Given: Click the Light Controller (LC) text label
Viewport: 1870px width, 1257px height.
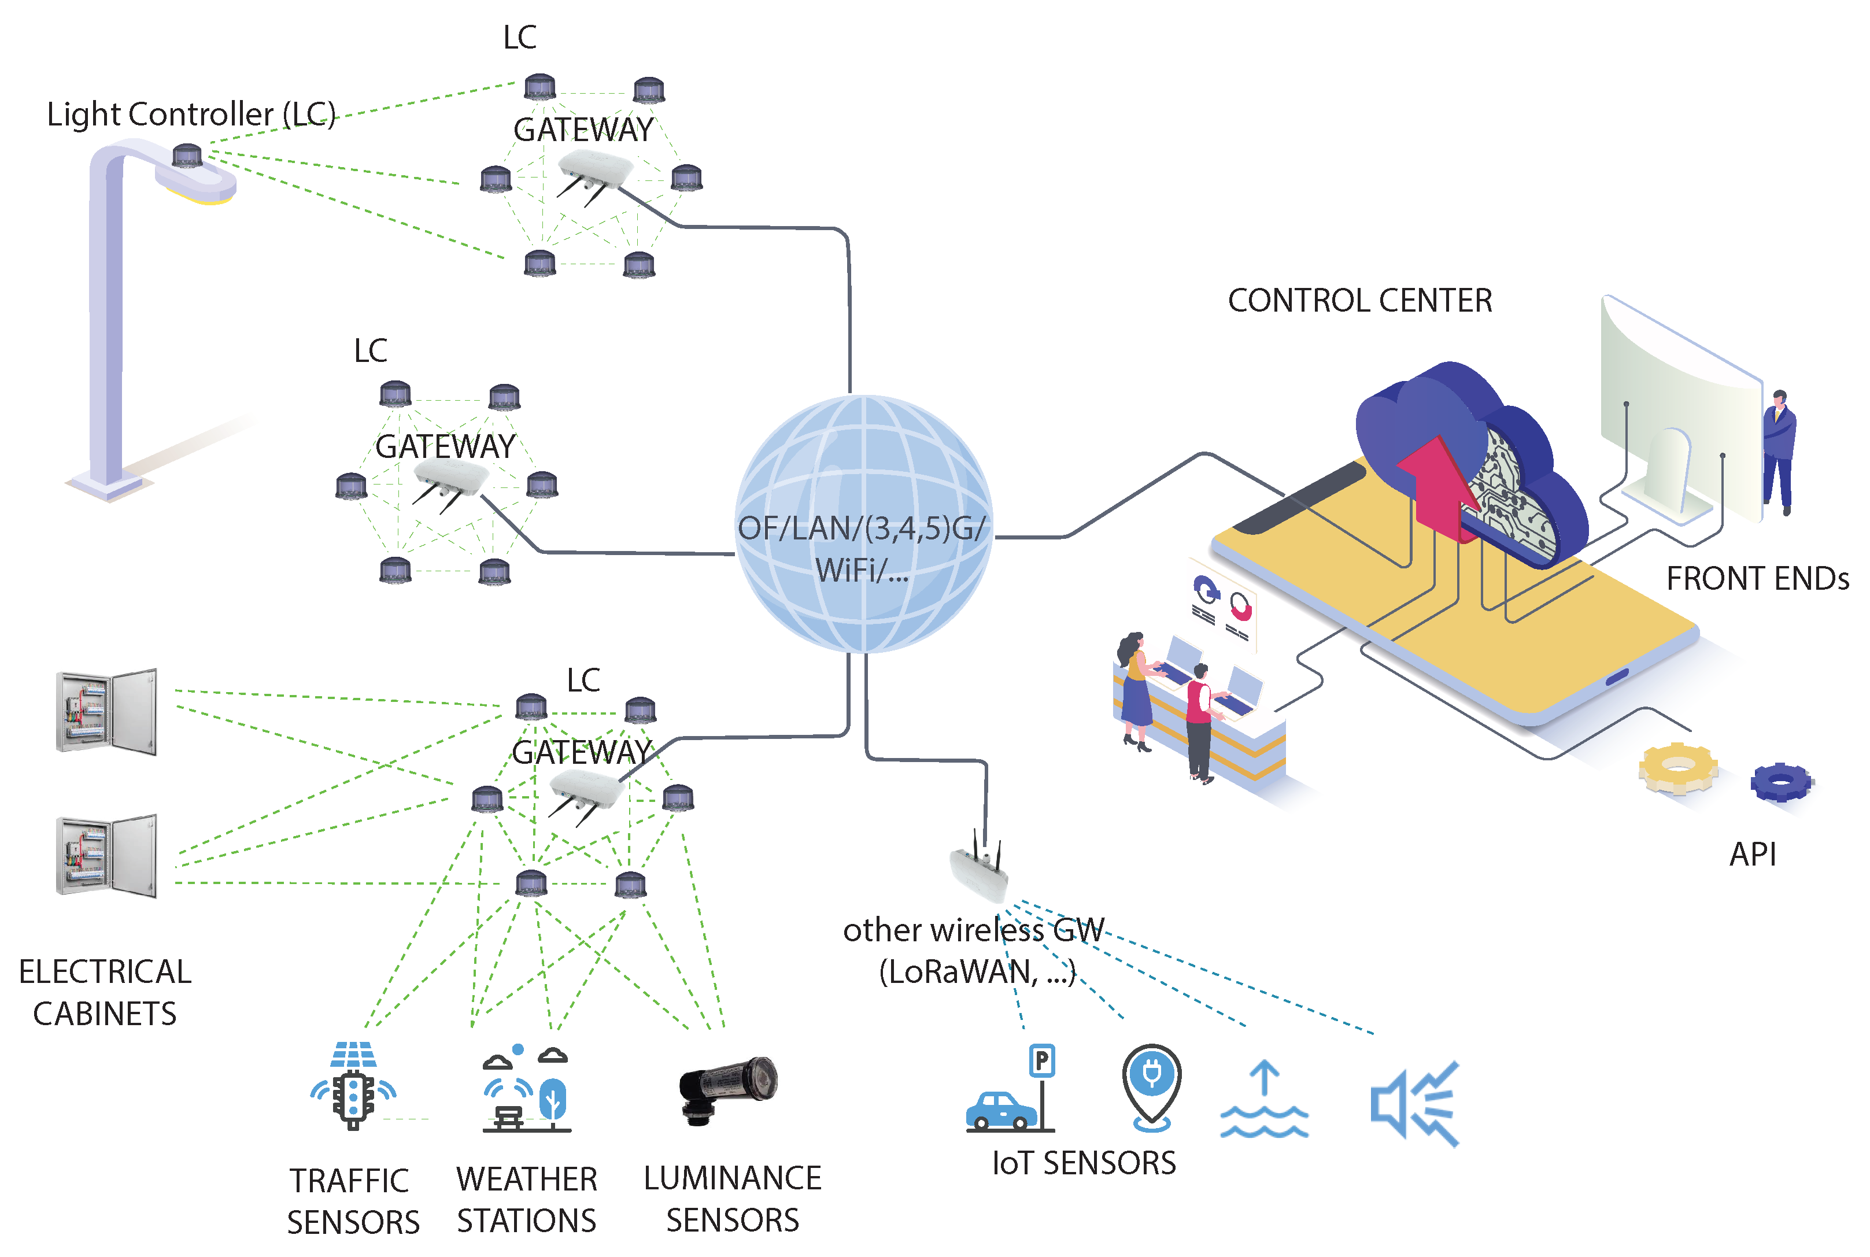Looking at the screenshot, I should [191, 114].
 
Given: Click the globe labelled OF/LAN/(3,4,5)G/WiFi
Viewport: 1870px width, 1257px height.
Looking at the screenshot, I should [863, 523].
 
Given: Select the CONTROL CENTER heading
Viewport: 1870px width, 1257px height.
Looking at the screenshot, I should [1359, 301].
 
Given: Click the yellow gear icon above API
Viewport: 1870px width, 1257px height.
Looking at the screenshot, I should [1677, 767].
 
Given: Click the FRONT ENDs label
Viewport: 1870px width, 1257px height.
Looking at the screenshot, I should [1757, 579].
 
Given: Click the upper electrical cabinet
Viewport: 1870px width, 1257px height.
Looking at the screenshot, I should [106, 712].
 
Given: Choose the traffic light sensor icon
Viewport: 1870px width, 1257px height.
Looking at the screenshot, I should [353, 1086].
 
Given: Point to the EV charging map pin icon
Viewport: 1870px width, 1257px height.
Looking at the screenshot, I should [1152, 1086].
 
